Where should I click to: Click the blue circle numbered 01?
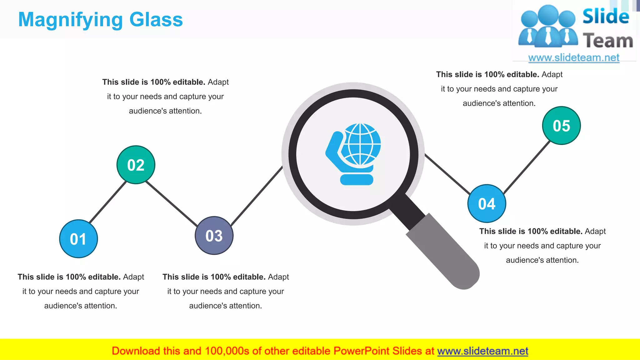(78, 239)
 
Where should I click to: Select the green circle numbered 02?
(136, 165)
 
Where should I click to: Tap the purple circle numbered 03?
(214, 236)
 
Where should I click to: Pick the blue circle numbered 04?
(487, 203)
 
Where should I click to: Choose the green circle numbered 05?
(561, 126)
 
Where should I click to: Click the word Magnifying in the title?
(70, 20)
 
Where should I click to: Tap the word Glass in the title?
(156, 19)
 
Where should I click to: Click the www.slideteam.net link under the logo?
(574, 58)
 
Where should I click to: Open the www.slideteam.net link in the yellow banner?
(482, 351)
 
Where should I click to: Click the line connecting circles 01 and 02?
(107, 202)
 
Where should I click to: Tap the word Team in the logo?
(608, 41)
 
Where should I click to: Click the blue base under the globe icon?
(357, 180)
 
